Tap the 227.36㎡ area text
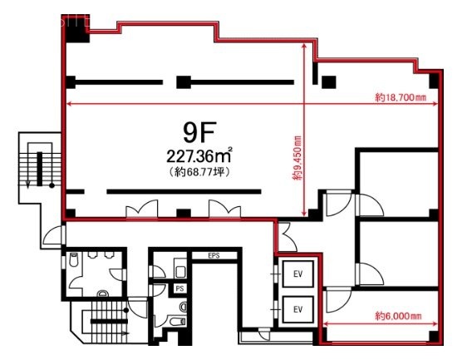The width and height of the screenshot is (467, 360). [199, 155]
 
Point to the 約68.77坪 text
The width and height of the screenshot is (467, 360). [199, 172]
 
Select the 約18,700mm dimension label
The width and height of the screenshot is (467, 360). [401, 97]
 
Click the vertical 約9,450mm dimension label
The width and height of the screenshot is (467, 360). [297, 158]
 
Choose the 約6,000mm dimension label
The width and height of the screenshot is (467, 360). [398, 316]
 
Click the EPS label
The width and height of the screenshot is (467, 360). [214, 256]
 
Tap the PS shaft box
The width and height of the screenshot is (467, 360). [179, 288]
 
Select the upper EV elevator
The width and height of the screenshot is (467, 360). [297, 274]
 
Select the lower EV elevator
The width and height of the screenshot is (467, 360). [297, 309]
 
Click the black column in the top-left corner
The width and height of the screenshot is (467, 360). [76, 28]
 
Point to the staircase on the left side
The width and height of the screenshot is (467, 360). [40, 165]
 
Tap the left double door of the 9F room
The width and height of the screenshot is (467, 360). [141, 209]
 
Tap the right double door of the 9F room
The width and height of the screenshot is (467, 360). [225, 209]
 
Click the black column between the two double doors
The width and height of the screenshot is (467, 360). [184, 213]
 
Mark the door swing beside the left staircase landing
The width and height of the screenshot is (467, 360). [54, 236]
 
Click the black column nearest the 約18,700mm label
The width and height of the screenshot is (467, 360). [434, 81]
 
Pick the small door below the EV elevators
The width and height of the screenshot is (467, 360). [264, 333]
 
